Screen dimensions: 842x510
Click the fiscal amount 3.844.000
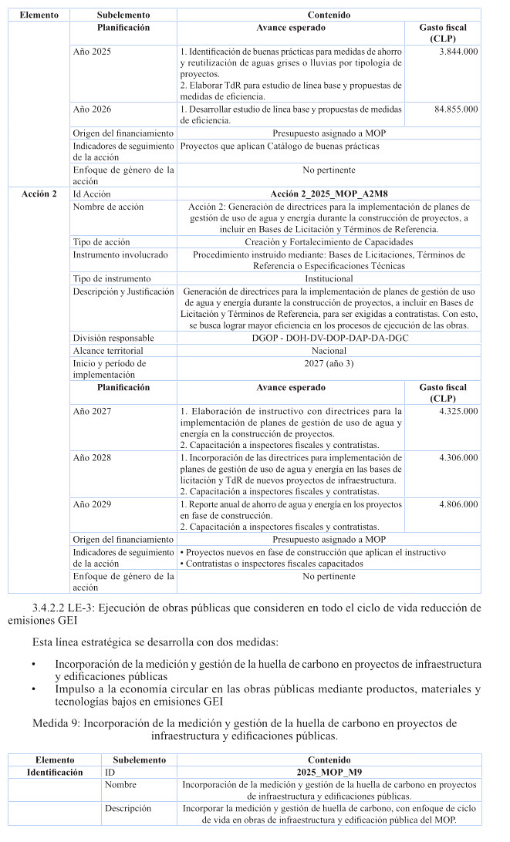click(458, 51)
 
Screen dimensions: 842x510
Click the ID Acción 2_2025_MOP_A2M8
click(328, 194)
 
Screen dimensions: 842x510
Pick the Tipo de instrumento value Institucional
click(328, 278)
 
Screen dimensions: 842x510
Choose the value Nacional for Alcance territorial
click(328, 350)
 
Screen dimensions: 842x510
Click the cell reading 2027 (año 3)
click(328, 362)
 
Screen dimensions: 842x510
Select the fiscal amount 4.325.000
click(458, 411)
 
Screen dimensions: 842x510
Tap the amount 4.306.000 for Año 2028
click(458, 457)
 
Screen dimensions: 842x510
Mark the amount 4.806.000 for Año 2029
click(458, 504)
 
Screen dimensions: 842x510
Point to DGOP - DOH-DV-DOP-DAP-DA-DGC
click(328, 338)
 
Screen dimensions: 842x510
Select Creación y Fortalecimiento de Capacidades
click(328, 241)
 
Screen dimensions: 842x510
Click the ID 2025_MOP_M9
click(328, 772)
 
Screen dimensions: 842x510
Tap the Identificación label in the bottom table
click(55, 772)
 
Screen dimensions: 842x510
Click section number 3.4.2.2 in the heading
click(56, 608)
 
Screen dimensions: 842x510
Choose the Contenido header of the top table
click(328, 15)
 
